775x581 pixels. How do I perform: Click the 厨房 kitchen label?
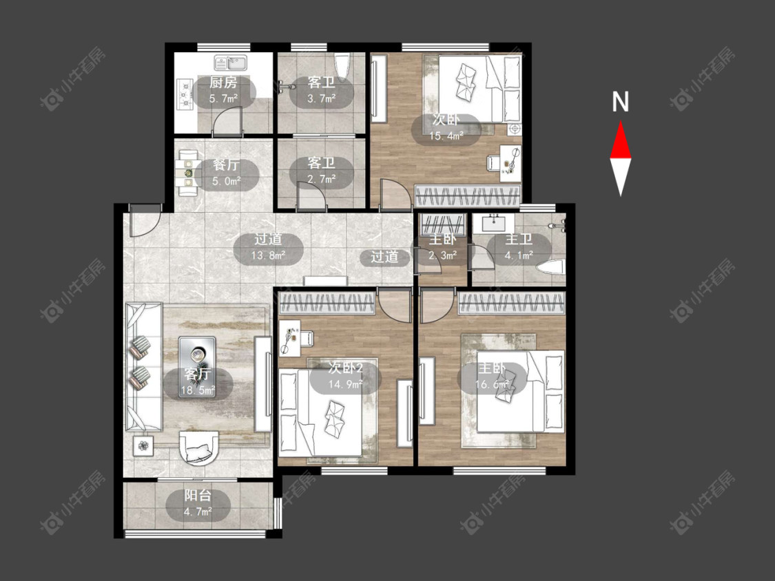coord(223,83)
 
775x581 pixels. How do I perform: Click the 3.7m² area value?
coord(321,98)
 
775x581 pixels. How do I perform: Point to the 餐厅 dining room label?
coord(227,165)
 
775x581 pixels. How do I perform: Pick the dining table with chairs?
coord(188,173)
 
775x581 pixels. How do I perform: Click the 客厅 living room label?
coord(198,374)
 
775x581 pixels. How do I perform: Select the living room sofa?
coord(143,367)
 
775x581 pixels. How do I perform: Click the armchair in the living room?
coord(198,447)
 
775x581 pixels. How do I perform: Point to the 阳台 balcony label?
coord(198,495)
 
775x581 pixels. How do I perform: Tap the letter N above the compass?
coord(620,102)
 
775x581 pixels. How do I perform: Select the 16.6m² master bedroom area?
coord(492,385)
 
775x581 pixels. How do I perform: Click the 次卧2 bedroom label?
coord(346,368)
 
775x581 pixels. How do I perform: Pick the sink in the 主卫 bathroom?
coord(493,223)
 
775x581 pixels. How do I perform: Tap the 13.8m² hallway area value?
coord(268,255)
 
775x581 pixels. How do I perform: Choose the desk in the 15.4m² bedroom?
coord(510,161)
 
